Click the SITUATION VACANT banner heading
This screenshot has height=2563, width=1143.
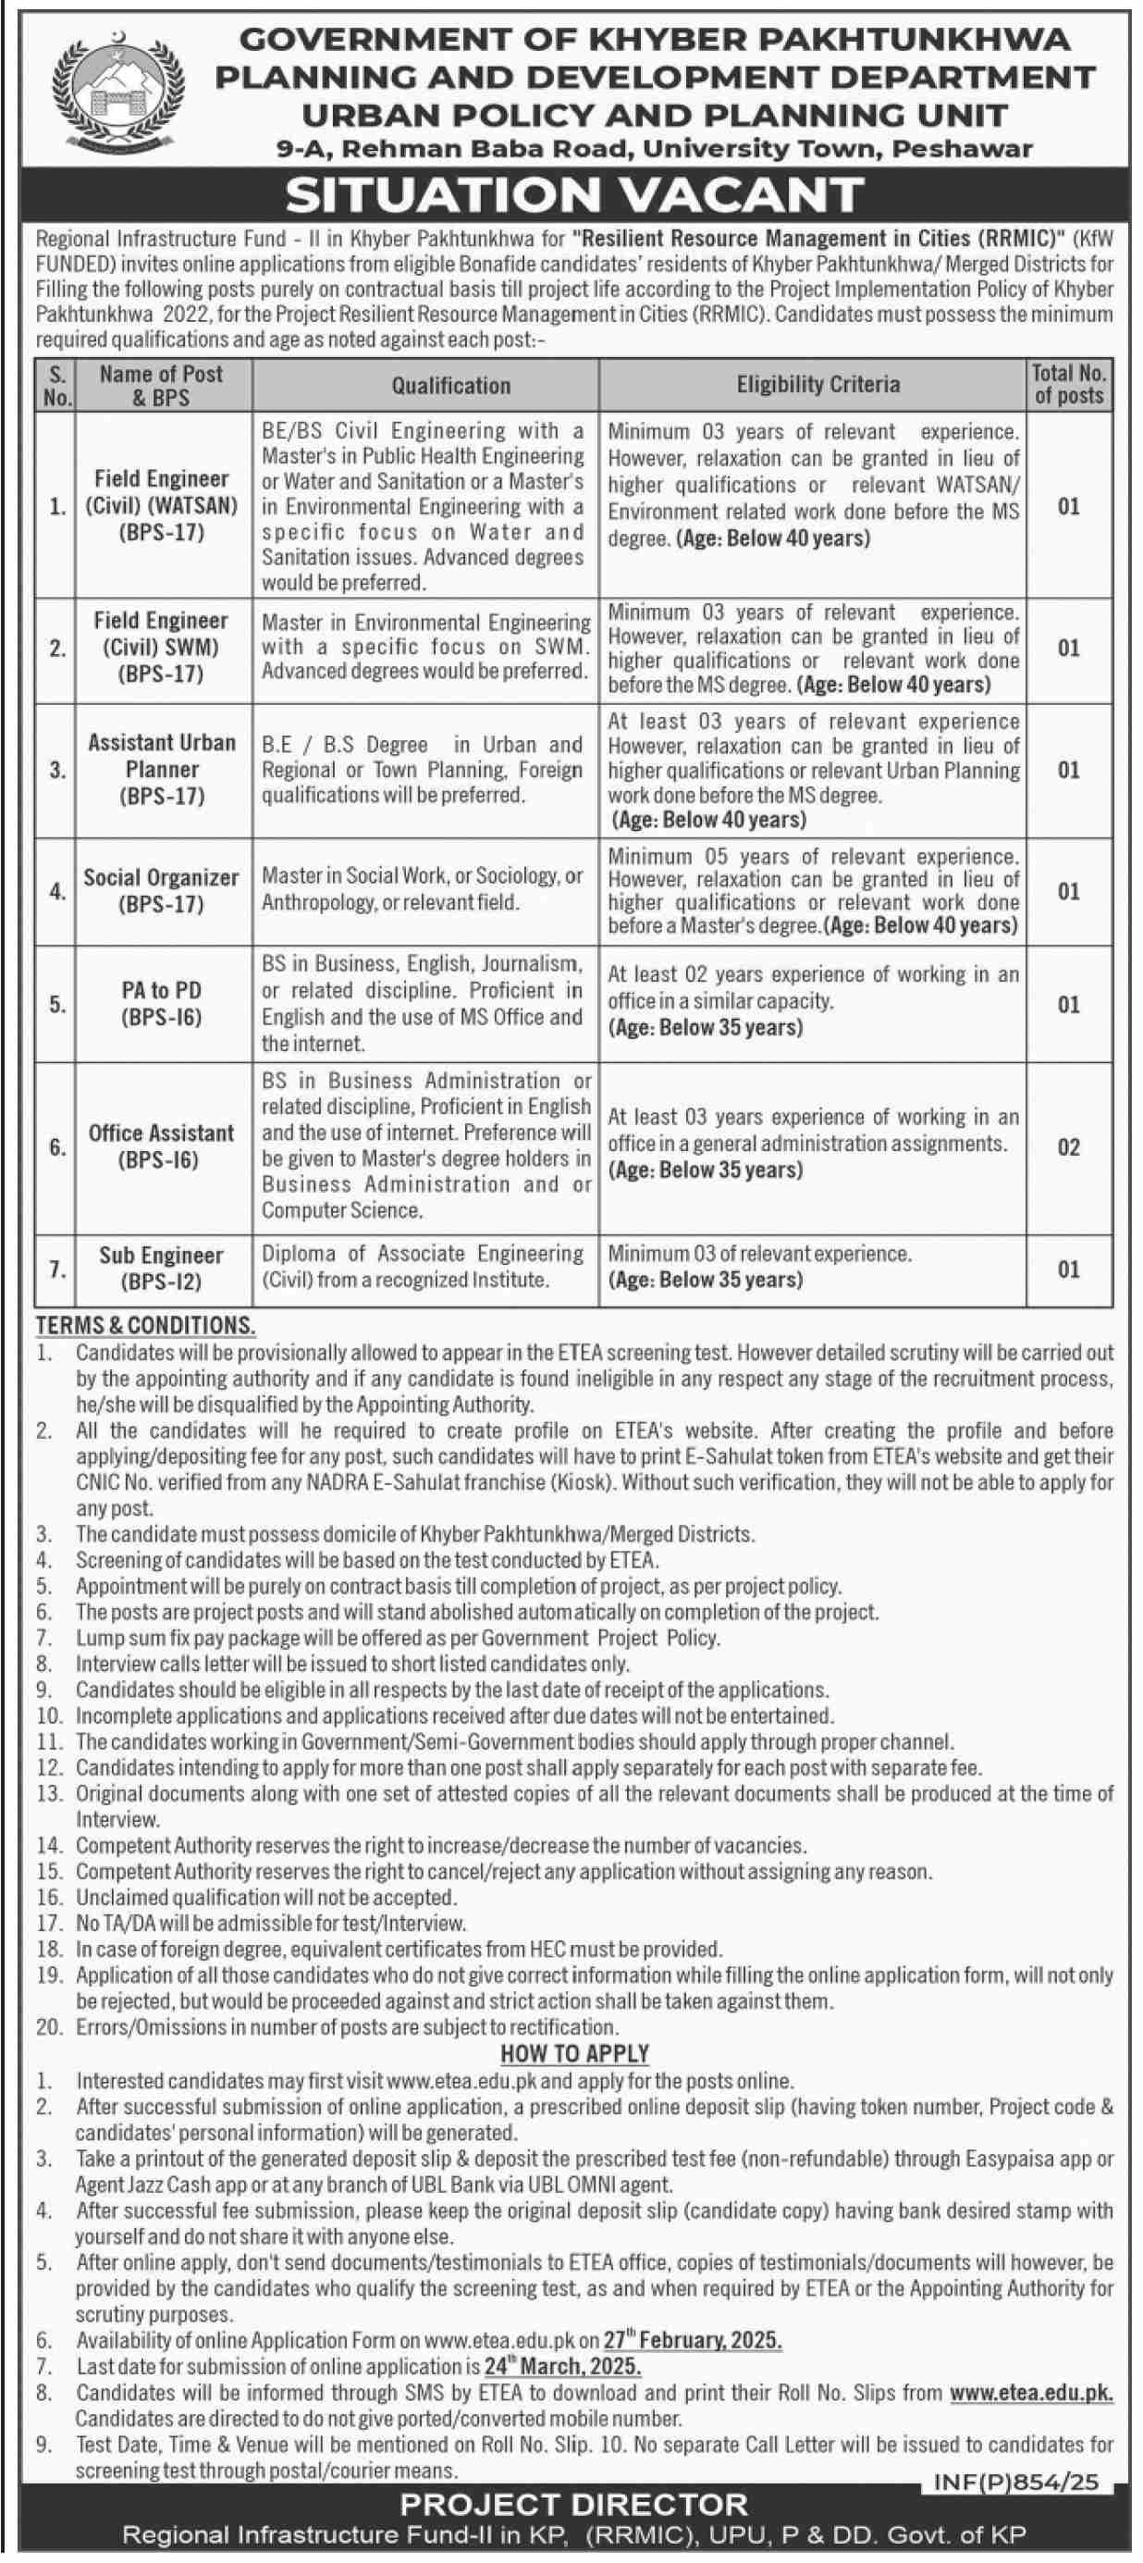(x=574, y=196)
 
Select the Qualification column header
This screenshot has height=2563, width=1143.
(x=450, y=385)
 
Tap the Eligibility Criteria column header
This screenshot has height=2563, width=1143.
(x=817, y=385)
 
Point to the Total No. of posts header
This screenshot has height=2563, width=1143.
(x=1068, y=384)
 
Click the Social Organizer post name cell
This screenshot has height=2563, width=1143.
(x=161, y=890)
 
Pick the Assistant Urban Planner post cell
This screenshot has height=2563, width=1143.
(x=161, y=769)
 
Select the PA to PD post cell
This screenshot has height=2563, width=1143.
(x=161, y=1003)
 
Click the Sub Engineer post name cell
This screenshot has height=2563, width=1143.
(x=161, y=1269)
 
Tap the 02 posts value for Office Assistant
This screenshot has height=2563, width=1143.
(x=1068, y=1147)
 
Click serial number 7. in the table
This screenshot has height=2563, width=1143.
(x=56, y=1269)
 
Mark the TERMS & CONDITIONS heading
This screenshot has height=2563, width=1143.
(x=145, y=1325)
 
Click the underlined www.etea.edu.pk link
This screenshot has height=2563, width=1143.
(x=1030, y=2393)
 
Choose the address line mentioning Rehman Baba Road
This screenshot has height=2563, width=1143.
(x=654, y=149)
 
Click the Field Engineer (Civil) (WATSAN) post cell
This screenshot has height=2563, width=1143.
(x=161, y=505)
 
